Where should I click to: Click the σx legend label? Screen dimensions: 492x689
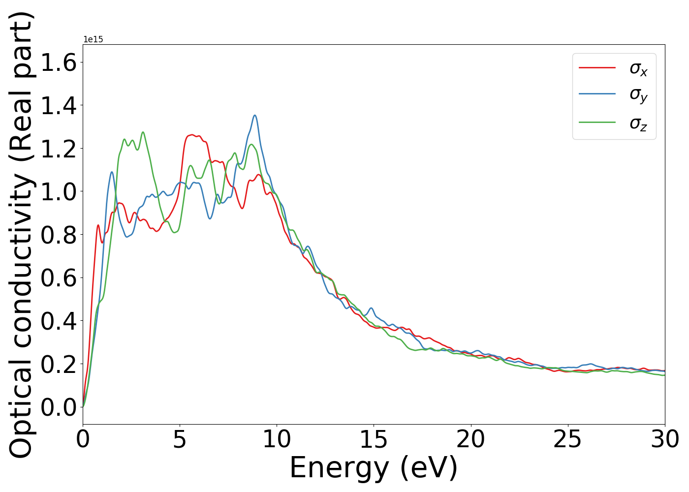[x=638, y=68]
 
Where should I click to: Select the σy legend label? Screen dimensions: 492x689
[x=638, y=95]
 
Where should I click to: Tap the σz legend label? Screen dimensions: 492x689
[x=638, y=123]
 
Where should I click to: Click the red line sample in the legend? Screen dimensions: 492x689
[x=597, y=67]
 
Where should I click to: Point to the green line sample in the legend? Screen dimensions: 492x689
[x=597, y=122]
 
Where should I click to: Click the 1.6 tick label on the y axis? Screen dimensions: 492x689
[x=59, y=62]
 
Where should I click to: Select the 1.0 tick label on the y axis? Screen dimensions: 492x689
[x=59, y=191]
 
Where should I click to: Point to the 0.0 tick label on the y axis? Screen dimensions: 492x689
[x=59, y=407]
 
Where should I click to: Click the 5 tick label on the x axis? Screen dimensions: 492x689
[x=180, y=439]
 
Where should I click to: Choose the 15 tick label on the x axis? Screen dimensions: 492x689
[x=374, y=439]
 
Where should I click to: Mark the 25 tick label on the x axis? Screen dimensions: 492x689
[x=567, y=439]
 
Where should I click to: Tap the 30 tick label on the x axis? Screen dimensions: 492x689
[x=665, y=439]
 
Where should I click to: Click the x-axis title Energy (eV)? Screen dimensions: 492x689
[x=374, y=468]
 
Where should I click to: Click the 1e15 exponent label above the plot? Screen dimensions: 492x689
[x=93, y=39]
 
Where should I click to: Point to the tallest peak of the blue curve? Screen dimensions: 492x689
[x=255, y=116]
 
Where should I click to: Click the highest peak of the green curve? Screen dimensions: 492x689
[x=143, y=132]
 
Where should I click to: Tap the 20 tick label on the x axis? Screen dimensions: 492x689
[x=470, y=439]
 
